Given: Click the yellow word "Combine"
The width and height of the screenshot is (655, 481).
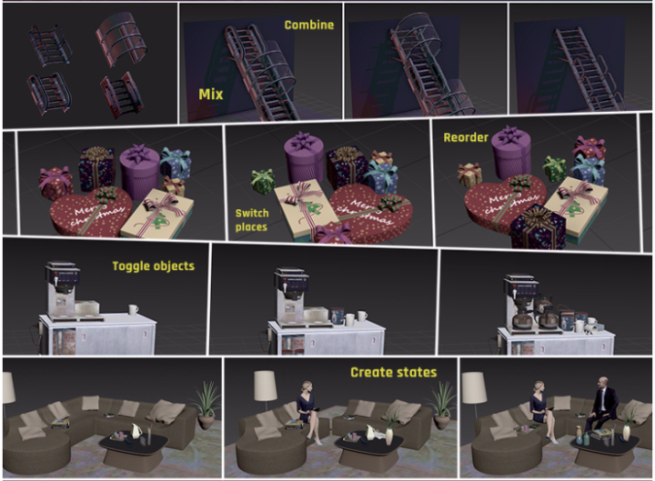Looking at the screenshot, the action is [x=309, y=25].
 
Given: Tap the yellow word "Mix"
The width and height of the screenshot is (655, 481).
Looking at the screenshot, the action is [x=211, y=95].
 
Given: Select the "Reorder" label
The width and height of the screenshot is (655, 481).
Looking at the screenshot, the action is [x=466, y=137].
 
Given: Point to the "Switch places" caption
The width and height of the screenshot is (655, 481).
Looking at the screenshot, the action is [x=252, y=220].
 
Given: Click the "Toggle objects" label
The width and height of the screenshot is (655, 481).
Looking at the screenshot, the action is [x=154, y=266].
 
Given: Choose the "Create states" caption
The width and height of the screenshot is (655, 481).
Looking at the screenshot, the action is [x=394, y=372].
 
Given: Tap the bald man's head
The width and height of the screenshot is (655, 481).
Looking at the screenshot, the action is [x=601, y=382].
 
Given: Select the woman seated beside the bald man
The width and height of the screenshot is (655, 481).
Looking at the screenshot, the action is [x=542, y=410].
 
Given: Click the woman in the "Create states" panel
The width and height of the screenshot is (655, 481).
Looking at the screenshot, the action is [x=309, y=410].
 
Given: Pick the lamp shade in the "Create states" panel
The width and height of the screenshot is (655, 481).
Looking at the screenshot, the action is [x=266, y=386].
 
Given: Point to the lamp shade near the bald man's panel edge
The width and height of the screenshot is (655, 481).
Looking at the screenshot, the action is [x=474, y=387].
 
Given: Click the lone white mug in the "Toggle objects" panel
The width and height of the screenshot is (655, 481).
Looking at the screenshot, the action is [x=133, y=309].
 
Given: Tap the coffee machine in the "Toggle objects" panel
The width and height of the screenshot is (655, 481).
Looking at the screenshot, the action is [x=62, y=289].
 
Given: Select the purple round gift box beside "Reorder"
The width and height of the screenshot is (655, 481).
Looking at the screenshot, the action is [x=510, y=152].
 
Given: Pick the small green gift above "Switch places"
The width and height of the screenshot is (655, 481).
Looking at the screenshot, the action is [x=263, y=181].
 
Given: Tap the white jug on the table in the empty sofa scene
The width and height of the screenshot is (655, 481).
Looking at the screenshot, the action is [x=136, y=430].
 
